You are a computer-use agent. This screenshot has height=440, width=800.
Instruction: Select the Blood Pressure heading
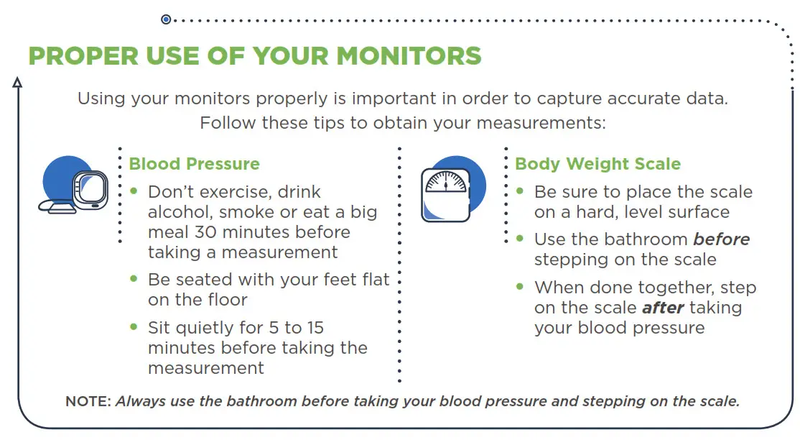(194, 164)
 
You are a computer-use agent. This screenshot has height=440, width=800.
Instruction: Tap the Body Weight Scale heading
(597, 164)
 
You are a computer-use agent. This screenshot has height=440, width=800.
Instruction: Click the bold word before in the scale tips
(721, 239)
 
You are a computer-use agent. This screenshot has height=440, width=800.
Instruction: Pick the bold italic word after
(662, 308)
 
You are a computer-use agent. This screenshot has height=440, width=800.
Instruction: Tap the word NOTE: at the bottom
(88, 401)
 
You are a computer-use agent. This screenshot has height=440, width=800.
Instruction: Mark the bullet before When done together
(520, 286)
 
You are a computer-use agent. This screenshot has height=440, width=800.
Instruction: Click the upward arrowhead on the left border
(17, 83)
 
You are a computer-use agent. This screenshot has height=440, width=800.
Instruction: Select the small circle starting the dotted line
(166, 19)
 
